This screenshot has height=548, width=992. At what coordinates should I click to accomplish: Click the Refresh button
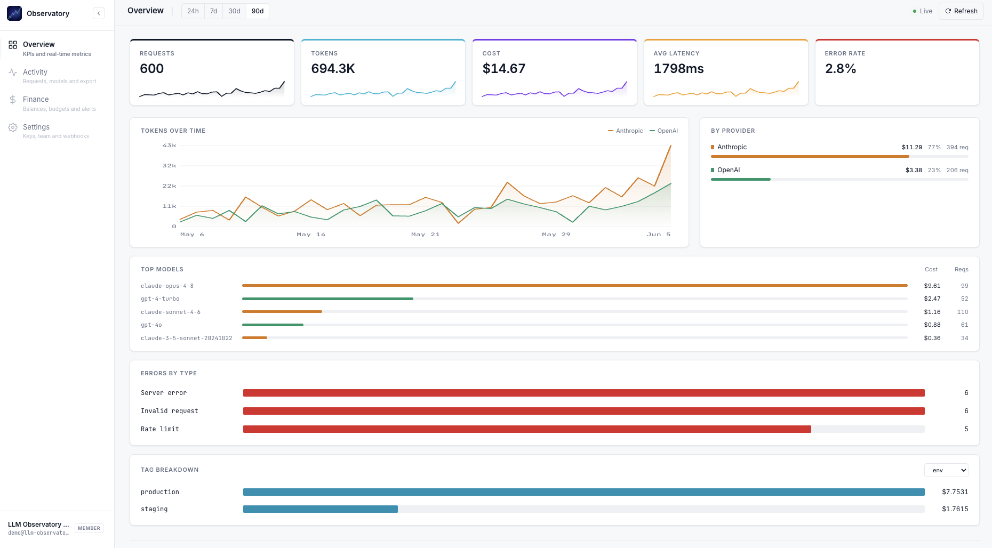coord(961,11)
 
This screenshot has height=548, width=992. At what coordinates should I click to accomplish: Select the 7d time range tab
coord(213,11)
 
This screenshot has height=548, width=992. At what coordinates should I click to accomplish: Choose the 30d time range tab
coord(234,11)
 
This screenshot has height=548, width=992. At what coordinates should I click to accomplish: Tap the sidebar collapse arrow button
coord(99,13)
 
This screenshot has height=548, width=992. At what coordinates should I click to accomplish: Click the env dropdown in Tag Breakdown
coord(946,470)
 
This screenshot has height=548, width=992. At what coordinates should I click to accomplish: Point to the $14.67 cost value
coord(504,69)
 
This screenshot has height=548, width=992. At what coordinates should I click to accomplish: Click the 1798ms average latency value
coord(679,69)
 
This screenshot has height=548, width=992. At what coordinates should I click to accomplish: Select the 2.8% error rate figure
coord(841,69)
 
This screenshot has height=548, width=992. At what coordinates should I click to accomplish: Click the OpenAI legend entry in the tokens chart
coord(664,131)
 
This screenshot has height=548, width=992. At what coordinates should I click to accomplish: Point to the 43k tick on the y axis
coord(169,146)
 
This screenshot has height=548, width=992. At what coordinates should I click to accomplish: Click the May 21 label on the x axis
coord(425,235)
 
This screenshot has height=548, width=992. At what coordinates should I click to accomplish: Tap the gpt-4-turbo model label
coord(160,299)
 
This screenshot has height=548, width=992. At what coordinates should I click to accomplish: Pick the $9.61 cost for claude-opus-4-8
coord(932,286)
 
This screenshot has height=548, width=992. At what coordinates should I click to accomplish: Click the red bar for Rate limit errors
coord(527,429)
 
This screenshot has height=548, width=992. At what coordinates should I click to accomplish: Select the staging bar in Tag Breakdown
coord(321,509)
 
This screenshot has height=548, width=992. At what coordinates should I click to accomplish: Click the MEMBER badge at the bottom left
coord(89,528)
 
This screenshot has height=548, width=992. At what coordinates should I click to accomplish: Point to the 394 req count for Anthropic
coord(957,147)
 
